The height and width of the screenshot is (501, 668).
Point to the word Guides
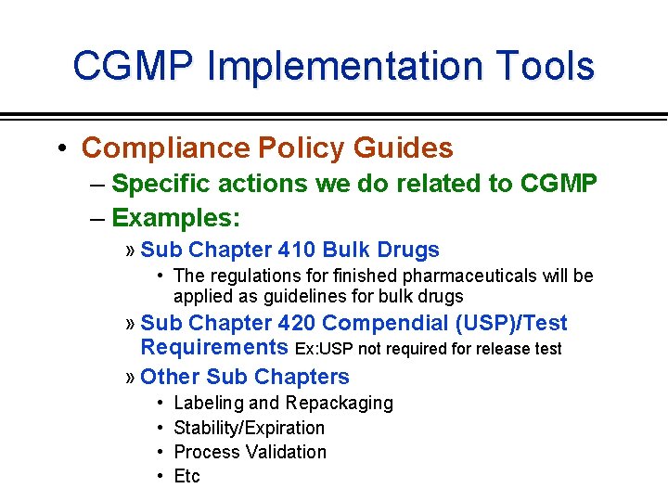(405, 148)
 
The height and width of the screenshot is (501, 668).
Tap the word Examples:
(175, 218)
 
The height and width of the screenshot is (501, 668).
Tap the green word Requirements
(214, 348)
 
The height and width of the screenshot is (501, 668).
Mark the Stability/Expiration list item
(250, 428)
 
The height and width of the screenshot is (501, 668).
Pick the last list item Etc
(186, 476)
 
